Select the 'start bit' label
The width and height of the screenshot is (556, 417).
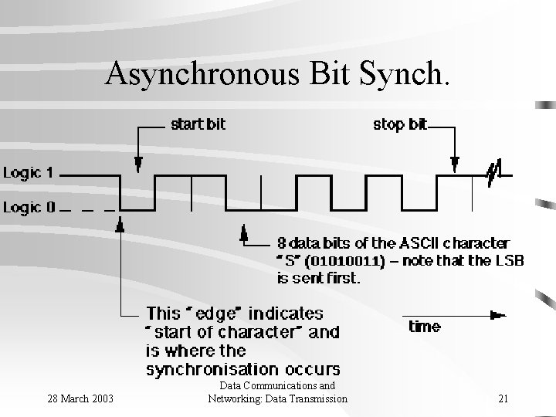click(198, 124)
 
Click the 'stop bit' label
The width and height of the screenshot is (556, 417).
click(399, 124)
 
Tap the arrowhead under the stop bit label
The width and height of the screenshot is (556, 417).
click(455, 164)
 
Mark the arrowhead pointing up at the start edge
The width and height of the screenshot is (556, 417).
click(120, 225)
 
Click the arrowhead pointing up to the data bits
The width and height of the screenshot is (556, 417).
click(245, 232)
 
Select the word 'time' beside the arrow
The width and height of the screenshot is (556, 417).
click(425, 326)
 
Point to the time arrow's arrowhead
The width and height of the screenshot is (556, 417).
click(498, 314)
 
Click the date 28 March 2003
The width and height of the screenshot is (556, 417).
click(80, 398)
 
